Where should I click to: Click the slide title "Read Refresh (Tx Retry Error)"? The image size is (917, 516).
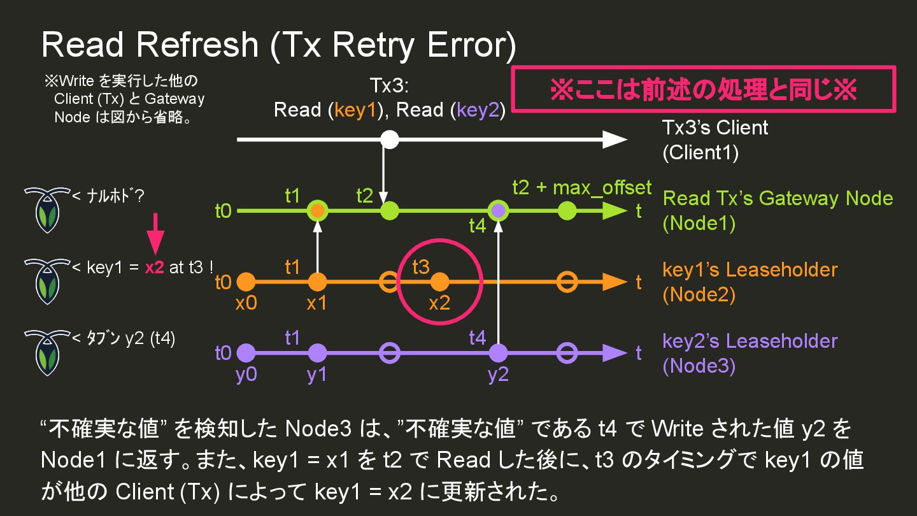pos(278,46)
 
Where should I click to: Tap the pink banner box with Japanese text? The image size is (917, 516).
pos(704,89)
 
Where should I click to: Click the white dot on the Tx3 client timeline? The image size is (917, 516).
pos(390,140)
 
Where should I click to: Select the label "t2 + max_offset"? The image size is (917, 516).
pos(582,188)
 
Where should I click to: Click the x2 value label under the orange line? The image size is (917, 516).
pos(439,303)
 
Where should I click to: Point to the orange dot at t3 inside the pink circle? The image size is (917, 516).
pos(439,282)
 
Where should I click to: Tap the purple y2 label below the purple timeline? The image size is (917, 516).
pos(498,375)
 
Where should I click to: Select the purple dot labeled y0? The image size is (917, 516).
pos(246,353)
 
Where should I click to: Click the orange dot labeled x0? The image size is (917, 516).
pos(246,282)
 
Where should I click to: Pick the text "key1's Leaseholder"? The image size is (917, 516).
pos(750,269)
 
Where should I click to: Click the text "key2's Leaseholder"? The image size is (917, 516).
pos(750,341)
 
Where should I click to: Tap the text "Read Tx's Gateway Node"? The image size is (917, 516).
pos(778,198)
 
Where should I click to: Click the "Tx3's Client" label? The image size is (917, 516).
pos(715,127)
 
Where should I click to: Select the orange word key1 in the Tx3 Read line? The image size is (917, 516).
pos(357,110)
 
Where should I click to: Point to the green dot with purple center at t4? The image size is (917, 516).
pos(498,210)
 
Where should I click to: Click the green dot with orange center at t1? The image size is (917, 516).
pos(317,210)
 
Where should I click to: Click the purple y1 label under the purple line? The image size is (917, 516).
pos(316,375)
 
